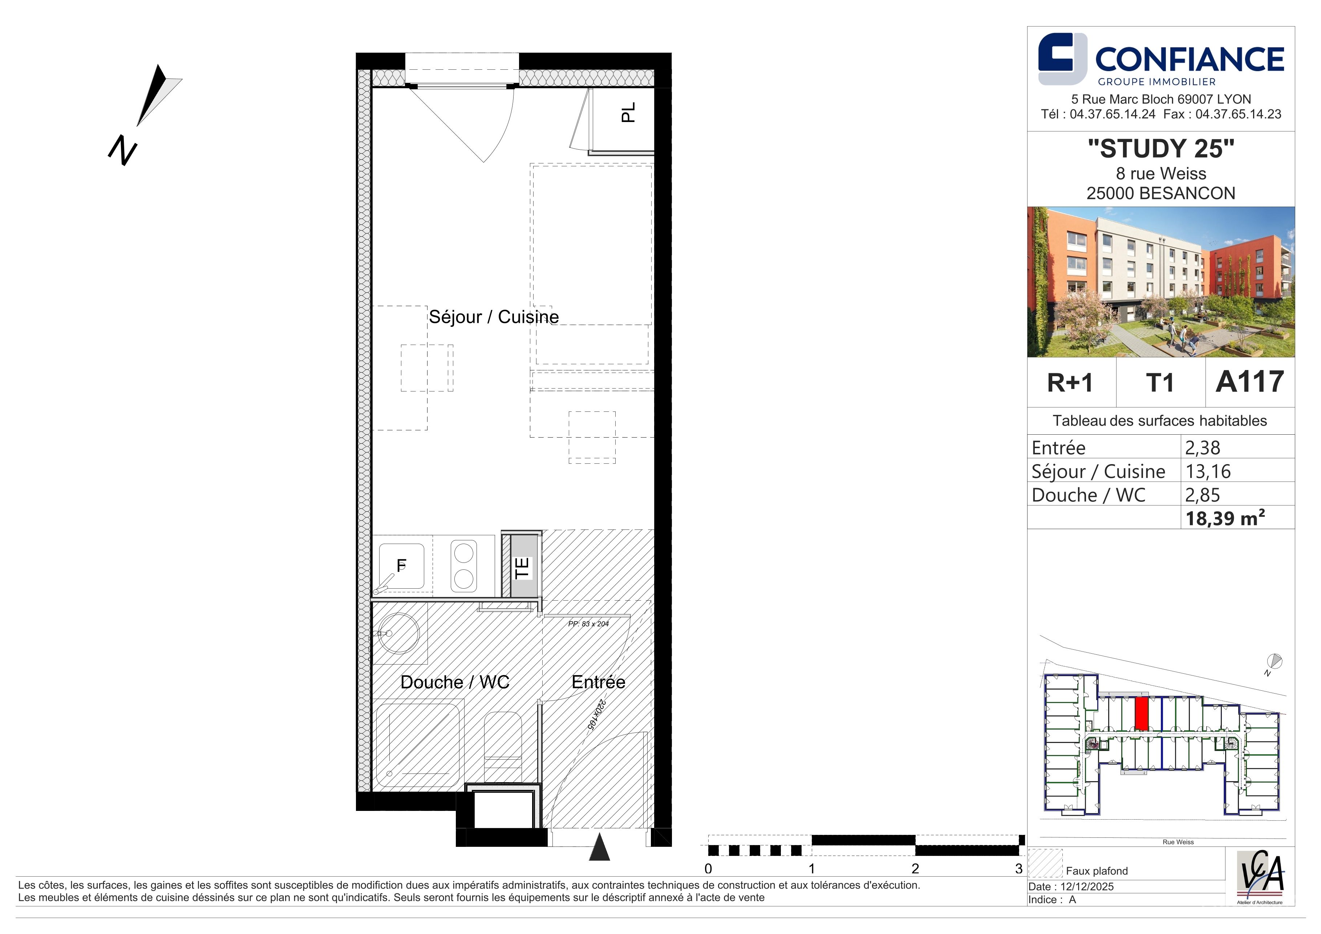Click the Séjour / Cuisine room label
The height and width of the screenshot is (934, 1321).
coord(494,317)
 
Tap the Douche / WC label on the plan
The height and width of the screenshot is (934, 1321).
coord(454,682)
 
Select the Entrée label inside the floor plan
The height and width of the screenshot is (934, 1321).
coord(598,682)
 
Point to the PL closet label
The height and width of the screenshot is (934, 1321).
coord(628,112)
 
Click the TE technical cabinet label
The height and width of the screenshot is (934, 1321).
coord(522,568)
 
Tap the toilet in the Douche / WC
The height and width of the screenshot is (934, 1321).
coord(502,748)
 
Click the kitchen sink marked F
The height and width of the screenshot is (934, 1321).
coord(402,567)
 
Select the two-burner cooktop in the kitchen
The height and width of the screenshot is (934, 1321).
coord(464,566)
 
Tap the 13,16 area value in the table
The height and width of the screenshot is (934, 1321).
coord(1208,472)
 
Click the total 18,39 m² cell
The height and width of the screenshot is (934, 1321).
coord(1225,518)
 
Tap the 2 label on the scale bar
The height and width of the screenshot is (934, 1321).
coord(915,868)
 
